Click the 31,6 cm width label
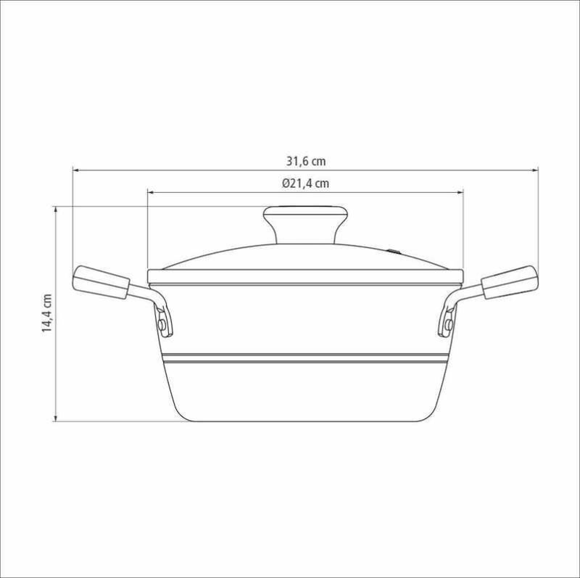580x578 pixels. [x=306, y=161]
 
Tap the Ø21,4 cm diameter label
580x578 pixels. [x=305, y=183]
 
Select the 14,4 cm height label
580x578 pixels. [x=47, y=313]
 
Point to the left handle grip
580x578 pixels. [x=100, y=282]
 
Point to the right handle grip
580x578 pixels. [x=510, y=282]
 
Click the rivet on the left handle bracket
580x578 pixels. [x=162, y=326]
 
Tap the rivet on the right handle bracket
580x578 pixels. [x=449, y=326]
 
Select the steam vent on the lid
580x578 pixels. [x=394, y=251]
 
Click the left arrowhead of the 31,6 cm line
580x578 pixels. [x=75, y=170]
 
